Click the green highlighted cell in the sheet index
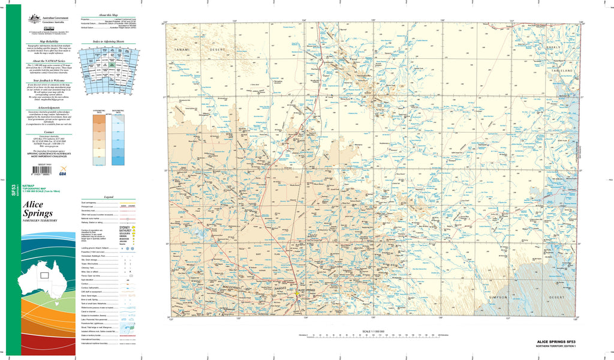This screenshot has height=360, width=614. pyautogui.click(x=112, y=64)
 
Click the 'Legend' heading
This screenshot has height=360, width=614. pyautogui.click(x=109, y=197)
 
